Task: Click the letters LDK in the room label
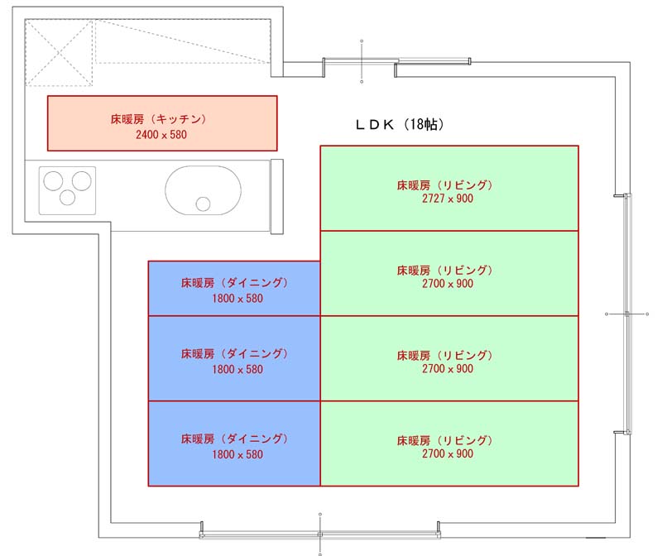375,125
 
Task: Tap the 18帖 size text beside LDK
424,124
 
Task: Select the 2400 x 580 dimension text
161,135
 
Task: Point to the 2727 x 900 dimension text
448,199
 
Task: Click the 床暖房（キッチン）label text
158,119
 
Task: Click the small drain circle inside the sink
203,204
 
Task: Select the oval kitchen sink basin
203,190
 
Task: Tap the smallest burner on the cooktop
67,197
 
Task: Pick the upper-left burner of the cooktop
53,180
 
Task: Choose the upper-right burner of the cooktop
81,180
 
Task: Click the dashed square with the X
59,53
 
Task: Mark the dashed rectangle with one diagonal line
183,41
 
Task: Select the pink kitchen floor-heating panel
162,123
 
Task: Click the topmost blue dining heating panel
234,289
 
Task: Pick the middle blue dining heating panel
234,358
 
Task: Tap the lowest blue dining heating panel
234,443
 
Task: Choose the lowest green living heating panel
449,443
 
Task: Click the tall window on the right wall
627,314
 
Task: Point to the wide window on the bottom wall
320,534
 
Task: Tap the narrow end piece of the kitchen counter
277,196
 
